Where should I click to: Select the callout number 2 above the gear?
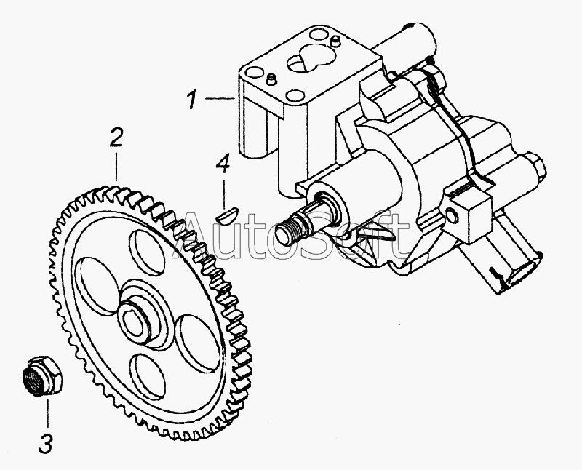pos(116,137)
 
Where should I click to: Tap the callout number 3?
pos(46,443)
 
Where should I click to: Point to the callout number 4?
pos(223,164)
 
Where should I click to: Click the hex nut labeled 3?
pos(40,375)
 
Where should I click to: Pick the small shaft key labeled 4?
pos(228,215)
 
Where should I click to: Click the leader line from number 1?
pos(220,99)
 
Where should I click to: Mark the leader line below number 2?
pos(116,166)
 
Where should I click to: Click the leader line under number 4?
pos(224,194)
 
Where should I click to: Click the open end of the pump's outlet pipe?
pos(522,273)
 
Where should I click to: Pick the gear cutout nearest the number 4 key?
pos(148,252)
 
